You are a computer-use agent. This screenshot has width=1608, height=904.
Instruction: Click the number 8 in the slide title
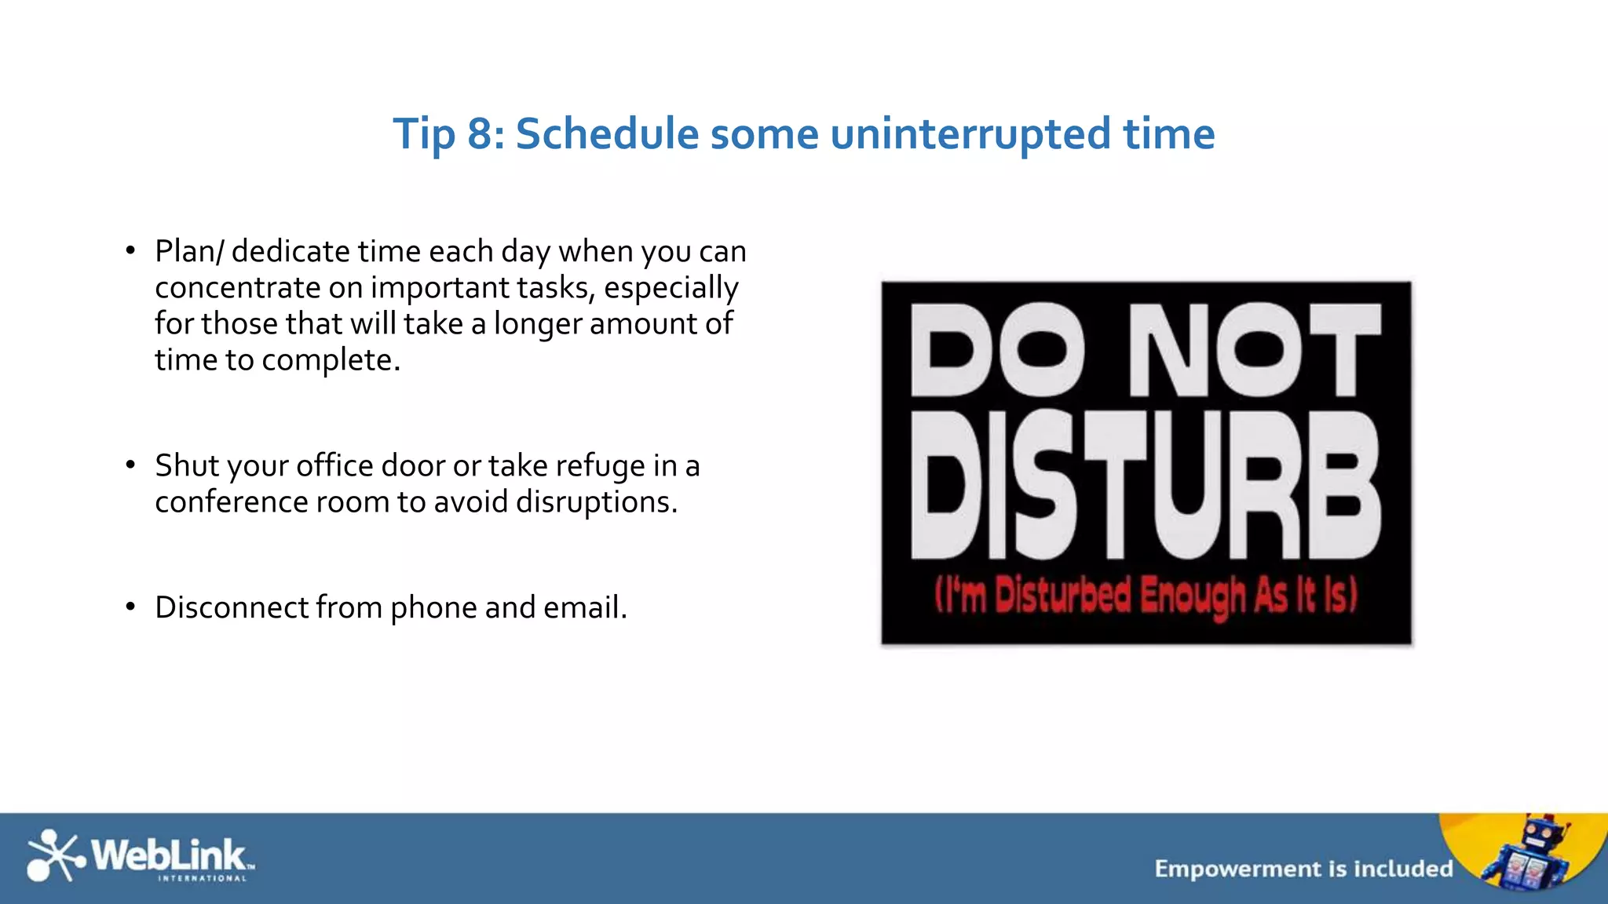481,134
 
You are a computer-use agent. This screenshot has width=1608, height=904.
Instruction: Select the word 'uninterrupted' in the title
970,134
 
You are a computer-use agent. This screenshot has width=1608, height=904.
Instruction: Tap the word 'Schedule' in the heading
607,134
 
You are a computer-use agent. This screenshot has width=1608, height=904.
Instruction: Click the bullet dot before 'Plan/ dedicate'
130,251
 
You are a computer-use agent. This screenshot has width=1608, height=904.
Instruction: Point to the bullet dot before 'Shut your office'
130,465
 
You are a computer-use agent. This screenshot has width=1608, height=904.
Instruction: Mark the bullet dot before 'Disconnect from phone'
130,607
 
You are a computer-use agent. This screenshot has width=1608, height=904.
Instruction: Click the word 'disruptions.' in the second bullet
596,502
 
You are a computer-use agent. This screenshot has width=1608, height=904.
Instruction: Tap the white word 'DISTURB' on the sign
1145,487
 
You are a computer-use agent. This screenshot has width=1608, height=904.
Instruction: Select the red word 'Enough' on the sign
1192,596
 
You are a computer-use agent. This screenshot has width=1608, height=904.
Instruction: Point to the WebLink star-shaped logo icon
53,855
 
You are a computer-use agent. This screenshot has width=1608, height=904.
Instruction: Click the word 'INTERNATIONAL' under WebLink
203,879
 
